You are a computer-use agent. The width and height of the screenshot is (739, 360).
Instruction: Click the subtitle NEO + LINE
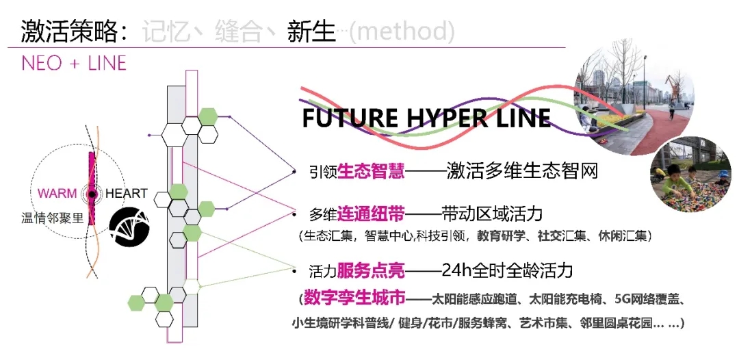74,64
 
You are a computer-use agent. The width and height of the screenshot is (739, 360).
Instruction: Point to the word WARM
57,194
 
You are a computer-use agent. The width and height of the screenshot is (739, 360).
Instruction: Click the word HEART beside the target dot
126,194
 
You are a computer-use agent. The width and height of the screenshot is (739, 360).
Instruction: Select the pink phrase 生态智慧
371,170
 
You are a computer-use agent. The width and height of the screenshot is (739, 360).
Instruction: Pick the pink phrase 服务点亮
372,270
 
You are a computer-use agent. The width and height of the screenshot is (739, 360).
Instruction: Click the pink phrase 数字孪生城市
355,299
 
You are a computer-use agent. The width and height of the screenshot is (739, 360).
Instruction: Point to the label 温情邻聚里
51,218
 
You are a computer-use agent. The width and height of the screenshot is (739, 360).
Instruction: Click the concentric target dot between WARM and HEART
90,194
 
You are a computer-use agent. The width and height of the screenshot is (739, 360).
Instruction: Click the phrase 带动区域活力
492,214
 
